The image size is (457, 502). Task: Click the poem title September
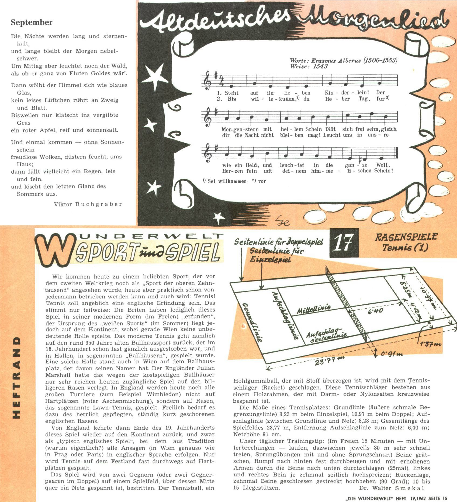click(32, 22)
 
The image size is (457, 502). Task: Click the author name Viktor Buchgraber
click(88, 204)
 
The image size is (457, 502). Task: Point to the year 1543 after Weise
click(320, 66)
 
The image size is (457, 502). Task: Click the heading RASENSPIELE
click(406, 237)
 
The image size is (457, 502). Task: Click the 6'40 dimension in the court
click(375, 311)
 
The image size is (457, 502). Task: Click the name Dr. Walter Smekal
click(391, 488)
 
